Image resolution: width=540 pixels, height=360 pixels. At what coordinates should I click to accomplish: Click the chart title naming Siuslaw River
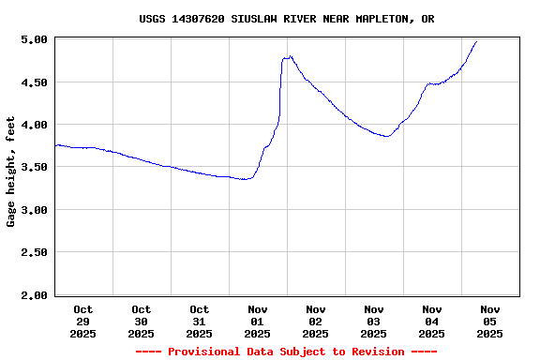[286, 19]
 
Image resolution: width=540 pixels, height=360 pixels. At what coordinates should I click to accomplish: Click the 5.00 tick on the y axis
[34, 39]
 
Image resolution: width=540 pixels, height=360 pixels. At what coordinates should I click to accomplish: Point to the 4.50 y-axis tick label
[34, 82]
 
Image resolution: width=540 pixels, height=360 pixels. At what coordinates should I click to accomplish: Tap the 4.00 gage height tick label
[34, 125]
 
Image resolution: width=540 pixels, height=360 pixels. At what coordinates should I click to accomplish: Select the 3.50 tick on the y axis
[34, 167]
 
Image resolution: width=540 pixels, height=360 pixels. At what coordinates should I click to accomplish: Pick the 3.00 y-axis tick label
[34, 210]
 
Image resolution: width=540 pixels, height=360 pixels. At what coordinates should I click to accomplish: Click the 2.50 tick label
[34, 253]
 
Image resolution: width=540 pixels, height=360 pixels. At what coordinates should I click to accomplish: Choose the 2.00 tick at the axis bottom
[34, 295]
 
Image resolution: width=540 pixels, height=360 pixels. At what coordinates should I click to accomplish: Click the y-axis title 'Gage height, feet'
[11, 172]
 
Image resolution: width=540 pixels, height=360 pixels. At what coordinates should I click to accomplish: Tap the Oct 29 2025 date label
[83, 321]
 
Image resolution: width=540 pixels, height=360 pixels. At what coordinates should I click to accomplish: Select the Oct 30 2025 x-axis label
[142, 321]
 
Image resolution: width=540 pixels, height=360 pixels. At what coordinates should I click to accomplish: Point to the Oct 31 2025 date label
[200, 321]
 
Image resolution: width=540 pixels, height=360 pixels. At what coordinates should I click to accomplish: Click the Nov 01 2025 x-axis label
[258, 321]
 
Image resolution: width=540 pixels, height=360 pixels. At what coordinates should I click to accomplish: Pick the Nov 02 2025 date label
[316, 321]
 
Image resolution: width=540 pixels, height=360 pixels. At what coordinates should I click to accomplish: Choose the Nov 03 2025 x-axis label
[374, 321]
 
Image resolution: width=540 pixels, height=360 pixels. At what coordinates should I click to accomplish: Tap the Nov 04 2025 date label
[432, 321]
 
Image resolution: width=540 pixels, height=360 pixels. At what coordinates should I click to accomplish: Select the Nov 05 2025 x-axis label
[489, 321]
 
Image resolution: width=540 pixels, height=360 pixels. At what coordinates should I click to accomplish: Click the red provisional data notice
[286, 352]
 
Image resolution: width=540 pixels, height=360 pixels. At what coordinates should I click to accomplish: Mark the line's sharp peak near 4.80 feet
[291, 56]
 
